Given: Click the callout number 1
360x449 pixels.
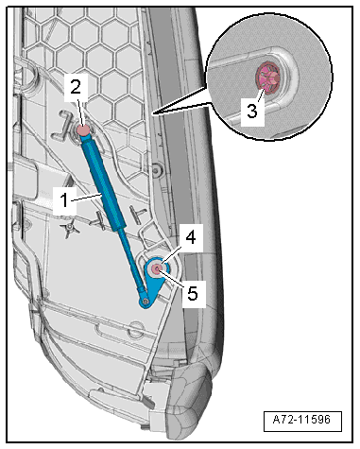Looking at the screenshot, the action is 64,200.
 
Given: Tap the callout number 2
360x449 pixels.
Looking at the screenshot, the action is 76,88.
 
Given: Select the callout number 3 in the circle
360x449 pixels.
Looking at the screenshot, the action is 252,111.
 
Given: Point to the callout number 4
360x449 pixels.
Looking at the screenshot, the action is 191,237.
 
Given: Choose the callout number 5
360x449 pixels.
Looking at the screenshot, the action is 193,294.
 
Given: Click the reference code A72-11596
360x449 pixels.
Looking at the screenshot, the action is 301,420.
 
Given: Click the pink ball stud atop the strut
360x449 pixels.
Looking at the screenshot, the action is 83,130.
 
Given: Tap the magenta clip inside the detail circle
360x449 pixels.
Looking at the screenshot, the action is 267,78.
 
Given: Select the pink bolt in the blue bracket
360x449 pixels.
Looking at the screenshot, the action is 157,268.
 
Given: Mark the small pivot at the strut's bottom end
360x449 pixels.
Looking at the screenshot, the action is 146,302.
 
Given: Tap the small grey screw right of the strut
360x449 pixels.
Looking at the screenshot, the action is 155,169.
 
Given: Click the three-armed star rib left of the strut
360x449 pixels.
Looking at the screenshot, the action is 70,229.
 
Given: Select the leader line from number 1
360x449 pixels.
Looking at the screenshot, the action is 86,198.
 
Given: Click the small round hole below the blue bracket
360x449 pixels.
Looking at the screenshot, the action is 136,327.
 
